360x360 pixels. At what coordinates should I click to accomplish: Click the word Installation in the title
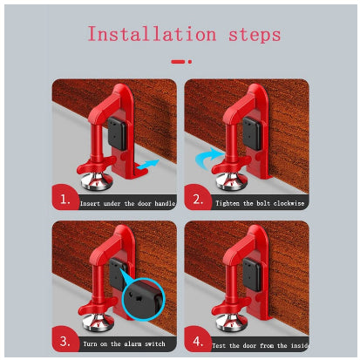(153, 34)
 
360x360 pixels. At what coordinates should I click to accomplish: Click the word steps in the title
(255, 36)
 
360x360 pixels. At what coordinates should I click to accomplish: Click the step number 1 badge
(65, 199)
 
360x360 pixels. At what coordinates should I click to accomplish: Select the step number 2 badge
(198, 200)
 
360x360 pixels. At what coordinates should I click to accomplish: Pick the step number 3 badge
(65, 340)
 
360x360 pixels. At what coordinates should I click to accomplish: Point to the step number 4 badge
(198, 340)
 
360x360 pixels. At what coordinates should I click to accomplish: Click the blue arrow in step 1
(148, 165)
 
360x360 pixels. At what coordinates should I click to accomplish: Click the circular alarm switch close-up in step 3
(144, 299)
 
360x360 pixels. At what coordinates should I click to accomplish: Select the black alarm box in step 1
(117, 133)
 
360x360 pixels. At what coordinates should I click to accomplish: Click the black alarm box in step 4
(252, 275)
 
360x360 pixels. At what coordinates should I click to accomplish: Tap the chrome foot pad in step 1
(97, 180)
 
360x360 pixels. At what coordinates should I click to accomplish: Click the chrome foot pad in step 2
(231, 180)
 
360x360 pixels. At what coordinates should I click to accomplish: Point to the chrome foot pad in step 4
(232, 322)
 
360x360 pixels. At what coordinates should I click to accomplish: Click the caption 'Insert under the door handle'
(127, 203)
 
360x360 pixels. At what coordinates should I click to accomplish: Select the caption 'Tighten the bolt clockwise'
(260, 203)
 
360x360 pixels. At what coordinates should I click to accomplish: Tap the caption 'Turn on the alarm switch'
(124, 344)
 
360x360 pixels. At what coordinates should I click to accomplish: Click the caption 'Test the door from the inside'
(260, 345)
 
